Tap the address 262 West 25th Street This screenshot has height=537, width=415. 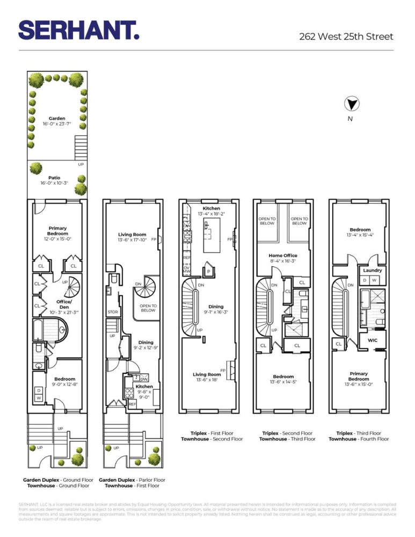[346, 37]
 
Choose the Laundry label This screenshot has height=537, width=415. [372, 270]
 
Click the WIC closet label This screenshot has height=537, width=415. [372, 340]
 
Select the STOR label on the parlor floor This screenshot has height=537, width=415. [113, 311]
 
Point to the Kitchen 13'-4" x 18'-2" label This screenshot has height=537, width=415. [211, 211]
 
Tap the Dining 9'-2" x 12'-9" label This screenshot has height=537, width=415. [145, 345]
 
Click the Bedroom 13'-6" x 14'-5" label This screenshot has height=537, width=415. [283, 379]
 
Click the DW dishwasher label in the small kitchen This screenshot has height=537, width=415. [143, 379]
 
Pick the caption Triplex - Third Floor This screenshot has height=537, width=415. [358, 433]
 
